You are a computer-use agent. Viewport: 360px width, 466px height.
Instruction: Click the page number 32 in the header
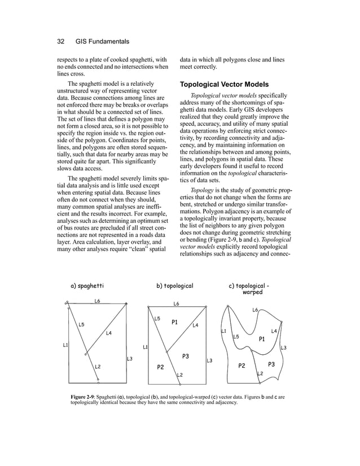pyautogui.click(x=62, y=42)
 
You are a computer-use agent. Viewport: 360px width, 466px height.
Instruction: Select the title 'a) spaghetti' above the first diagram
pyautogui.click(x=87, y=286)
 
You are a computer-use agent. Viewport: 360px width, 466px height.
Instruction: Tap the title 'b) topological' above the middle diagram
pyautogui.click(x=174, y=286)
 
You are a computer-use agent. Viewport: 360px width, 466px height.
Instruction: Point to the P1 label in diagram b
pyautogui.click(x=175, y=322)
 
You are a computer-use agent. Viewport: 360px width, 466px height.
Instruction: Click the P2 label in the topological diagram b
pyautogui.click(x=160, y=367)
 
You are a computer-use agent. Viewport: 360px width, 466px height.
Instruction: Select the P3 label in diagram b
pyautogui.click(x=185, y=357)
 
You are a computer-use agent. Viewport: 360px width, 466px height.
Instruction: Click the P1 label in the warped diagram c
pyautogui.click(x=262, y=339)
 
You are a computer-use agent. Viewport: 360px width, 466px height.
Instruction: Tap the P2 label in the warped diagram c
pyautogui.click(x=242, y=366)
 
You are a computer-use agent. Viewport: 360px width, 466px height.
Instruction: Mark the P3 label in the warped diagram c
pyautogui.click(x=271, y=364)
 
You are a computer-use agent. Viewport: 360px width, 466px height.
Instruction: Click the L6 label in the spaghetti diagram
pyautogui.click(x=98, y=301)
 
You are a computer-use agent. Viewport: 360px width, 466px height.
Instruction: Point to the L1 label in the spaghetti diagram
pyautogui.click(x=65, y=345)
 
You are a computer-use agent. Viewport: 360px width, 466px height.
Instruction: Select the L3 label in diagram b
pyautogui.click(x=209, y=361)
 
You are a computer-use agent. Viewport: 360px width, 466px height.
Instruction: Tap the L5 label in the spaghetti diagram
pyautogui.click(x=81, y=324)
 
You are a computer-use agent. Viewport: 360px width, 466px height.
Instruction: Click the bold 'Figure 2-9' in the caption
pyautogui.click(x=82, y=397)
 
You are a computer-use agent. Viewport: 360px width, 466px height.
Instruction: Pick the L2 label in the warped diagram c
pyautogui.click(x=260, y=373)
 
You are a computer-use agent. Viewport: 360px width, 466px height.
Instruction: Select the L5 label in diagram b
pyautogui.click(x=157, y=319)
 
